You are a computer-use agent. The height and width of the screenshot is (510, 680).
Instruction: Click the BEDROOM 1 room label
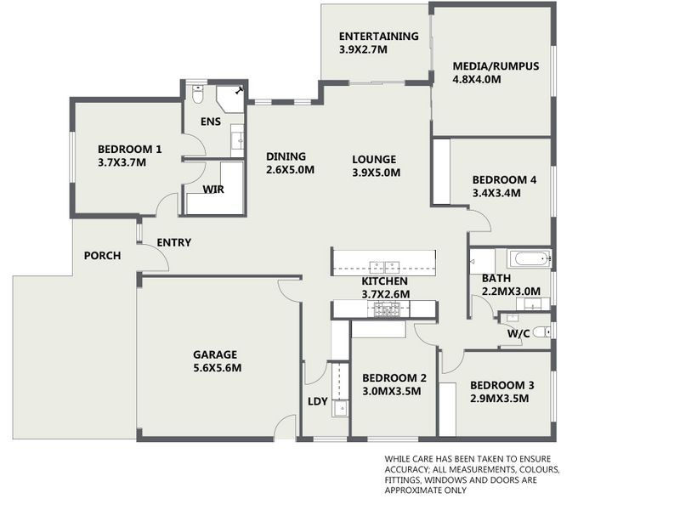click(x=129, y=149)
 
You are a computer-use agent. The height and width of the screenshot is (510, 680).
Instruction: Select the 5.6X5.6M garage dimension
click(x=216, y=368)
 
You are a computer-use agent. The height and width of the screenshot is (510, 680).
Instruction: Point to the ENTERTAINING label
click(x=378, y=37)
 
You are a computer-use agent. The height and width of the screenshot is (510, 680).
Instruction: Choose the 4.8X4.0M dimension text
click(x=477, y=80)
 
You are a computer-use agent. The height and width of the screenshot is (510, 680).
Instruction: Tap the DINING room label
click(x=286, y=156)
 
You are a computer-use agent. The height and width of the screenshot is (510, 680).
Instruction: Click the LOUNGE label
click(x=374, y=159)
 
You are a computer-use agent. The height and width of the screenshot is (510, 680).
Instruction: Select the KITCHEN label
click(x=384, y=281)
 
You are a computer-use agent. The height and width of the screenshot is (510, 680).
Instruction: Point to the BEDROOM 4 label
click(x=504, y=179)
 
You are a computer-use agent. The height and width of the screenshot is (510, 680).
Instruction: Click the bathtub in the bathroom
click(x=528, y=258)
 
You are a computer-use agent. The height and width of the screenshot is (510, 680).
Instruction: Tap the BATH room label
click(x=496, y=278)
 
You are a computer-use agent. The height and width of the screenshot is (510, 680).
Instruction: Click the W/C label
click(x=519, y=333)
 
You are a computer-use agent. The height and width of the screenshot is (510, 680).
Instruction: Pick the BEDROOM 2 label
click(x=394, y=378)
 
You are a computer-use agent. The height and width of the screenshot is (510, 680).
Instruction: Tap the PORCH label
click(x=102, y=256)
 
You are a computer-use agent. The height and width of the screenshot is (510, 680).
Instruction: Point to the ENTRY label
click(x=173, y=243)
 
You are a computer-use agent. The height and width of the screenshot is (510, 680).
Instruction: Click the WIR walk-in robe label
click(x=213, y=189)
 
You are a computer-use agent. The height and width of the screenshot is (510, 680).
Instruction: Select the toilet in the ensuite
click(x=196, y=94)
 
